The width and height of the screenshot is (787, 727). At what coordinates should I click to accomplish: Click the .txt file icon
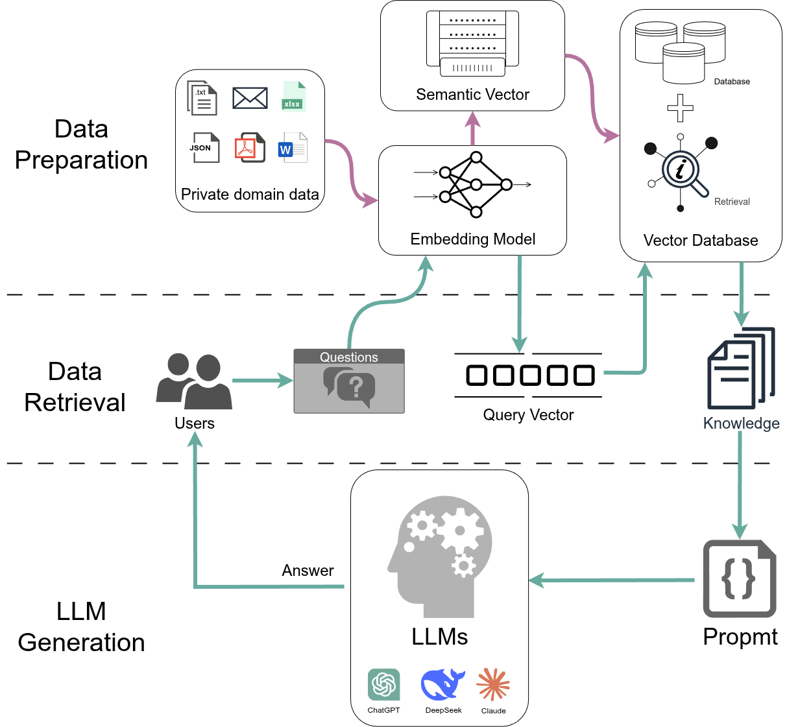(x=202, y=98)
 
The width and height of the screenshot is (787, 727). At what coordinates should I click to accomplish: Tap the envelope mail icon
(x=250, y=98)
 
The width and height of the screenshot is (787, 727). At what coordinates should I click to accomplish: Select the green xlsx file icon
(x=293, y=97)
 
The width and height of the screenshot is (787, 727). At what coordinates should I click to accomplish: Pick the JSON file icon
(x=204, y=148)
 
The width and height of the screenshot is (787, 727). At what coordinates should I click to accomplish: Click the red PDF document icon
(x=249, y=148)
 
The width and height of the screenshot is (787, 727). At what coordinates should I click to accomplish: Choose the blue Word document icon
(x=292, y=148)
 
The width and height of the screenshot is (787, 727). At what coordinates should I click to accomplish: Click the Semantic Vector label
(x=472, y=95)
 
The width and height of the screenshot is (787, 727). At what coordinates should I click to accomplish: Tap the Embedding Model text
(x=472, y=239)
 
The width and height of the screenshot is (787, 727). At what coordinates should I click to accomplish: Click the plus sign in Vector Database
(x=680, y=108)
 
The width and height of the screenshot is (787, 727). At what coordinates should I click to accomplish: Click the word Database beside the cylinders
(x=732, y=82)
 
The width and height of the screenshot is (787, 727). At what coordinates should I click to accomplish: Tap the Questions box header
(x=348, y=357)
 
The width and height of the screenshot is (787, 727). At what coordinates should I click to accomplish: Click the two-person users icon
(x=194, y=381)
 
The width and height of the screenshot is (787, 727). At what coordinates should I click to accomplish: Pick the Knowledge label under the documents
(x=741, y=423)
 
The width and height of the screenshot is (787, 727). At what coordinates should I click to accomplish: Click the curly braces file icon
(x=740, y=578)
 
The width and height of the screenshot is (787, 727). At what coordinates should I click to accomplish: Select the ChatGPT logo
(x=383, y=684)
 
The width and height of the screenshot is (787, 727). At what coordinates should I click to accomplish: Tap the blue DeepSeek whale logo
(x=442, y=684)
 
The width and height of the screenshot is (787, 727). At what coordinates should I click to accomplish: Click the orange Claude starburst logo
(x=493, y=684)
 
